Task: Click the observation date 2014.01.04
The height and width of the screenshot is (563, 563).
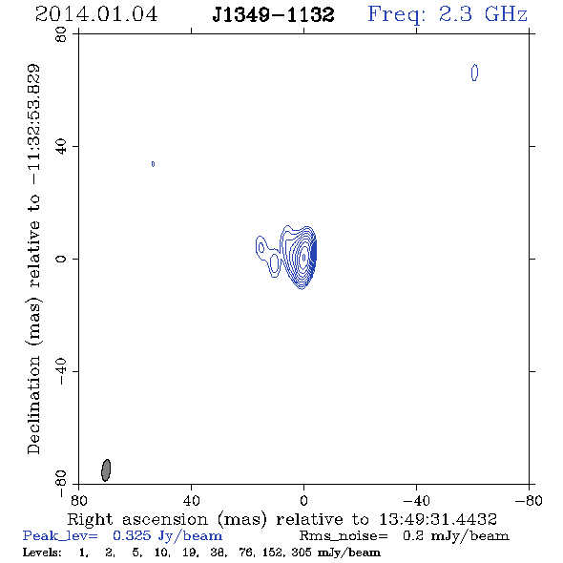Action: point(96,14)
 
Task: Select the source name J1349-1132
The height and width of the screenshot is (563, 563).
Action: point(273,15)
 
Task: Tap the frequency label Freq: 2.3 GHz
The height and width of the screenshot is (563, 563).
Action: point(448,14)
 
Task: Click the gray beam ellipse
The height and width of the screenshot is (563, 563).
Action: point(106,470)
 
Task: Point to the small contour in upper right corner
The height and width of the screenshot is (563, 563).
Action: point(474,73)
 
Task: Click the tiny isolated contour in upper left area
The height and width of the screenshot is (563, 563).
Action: point(153,164)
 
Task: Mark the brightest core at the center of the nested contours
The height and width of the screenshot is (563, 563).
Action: point(304,257)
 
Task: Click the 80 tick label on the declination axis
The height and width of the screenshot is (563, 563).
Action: point(61,34)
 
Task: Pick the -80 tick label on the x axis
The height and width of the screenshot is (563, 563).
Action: point(529,501)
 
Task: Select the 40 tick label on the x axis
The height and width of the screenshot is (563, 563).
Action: point(191,501)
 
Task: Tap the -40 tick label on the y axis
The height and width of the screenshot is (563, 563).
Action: point(61,371)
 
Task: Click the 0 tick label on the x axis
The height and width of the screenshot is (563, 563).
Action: point(303,501)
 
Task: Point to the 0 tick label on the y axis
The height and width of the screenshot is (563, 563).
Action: point(61,259)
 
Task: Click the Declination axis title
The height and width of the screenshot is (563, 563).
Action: point(33,259)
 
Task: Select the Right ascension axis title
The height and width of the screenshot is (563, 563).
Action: point(282,519)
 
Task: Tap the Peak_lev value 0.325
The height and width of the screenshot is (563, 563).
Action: point(132,535)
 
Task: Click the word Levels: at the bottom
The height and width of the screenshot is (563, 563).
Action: point(42,552)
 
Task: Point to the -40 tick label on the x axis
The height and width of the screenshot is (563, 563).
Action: point(416,501)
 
